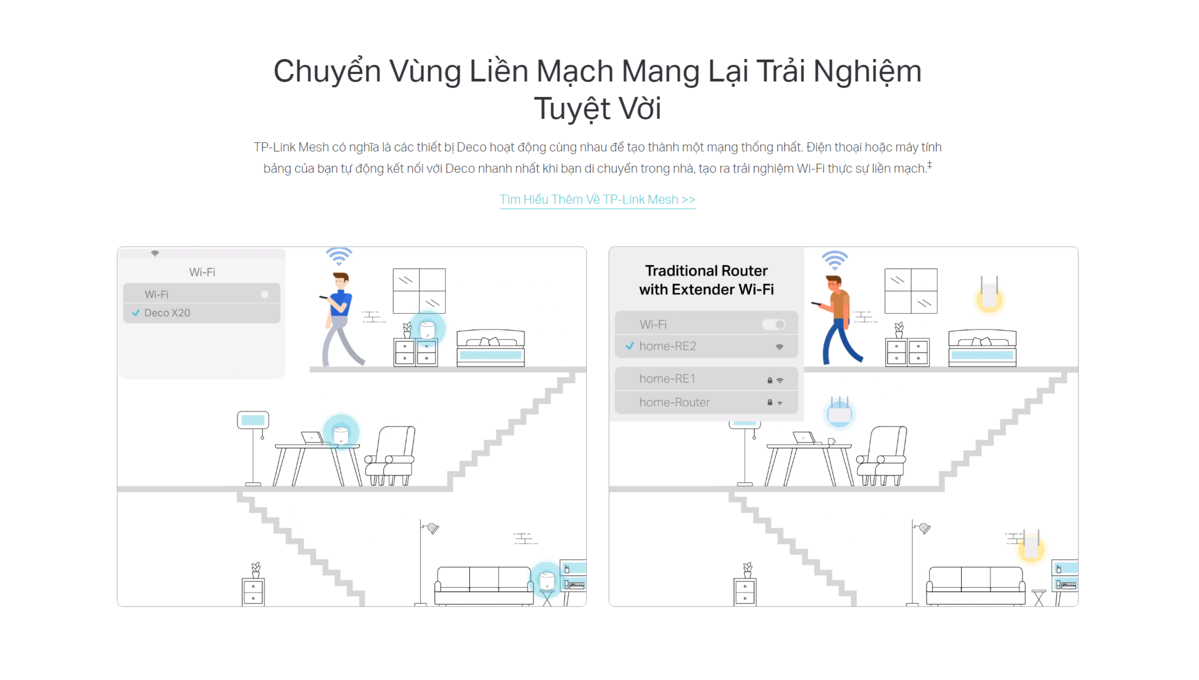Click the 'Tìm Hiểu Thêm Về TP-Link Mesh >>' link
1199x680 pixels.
tap(597, 199)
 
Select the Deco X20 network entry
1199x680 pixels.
tap(202, 313)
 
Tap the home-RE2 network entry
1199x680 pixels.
tap(706, 346)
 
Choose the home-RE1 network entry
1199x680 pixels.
tap(706, 379)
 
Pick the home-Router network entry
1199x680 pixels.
tap(706, 402)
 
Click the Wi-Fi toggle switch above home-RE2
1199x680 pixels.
tap(774, 324)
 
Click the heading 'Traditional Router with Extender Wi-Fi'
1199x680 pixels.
tap(706, 280)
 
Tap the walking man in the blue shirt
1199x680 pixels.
tap(341, 319)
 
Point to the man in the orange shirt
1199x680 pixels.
tap(837, 320)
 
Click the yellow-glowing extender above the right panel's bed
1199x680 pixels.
tap(989, 295)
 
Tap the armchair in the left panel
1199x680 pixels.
tap(390, 455)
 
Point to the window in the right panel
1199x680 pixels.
tap(910, 290)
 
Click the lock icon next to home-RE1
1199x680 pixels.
tap(769, 380)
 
